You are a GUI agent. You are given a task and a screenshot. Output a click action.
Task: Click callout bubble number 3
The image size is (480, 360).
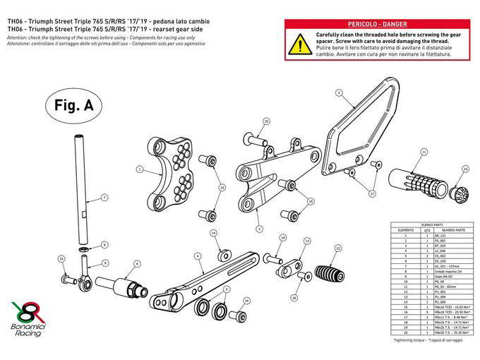coord(339,92)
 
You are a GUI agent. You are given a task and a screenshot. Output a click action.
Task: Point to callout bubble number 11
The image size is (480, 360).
coord(424,152)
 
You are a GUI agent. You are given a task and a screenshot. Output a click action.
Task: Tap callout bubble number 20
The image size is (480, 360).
coord(266,121)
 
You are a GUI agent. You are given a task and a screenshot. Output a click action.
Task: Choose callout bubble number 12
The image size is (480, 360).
coord(338,248)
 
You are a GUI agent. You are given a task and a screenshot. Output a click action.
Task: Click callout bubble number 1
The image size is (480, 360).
coord(140,169)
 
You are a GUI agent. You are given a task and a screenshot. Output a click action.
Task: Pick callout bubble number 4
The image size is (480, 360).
coord(198,256)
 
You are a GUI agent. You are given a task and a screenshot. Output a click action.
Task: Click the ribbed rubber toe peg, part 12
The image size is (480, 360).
coord(327,273)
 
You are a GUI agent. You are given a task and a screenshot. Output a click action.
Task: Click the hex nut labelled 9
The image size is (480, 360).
coord(83,250)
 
